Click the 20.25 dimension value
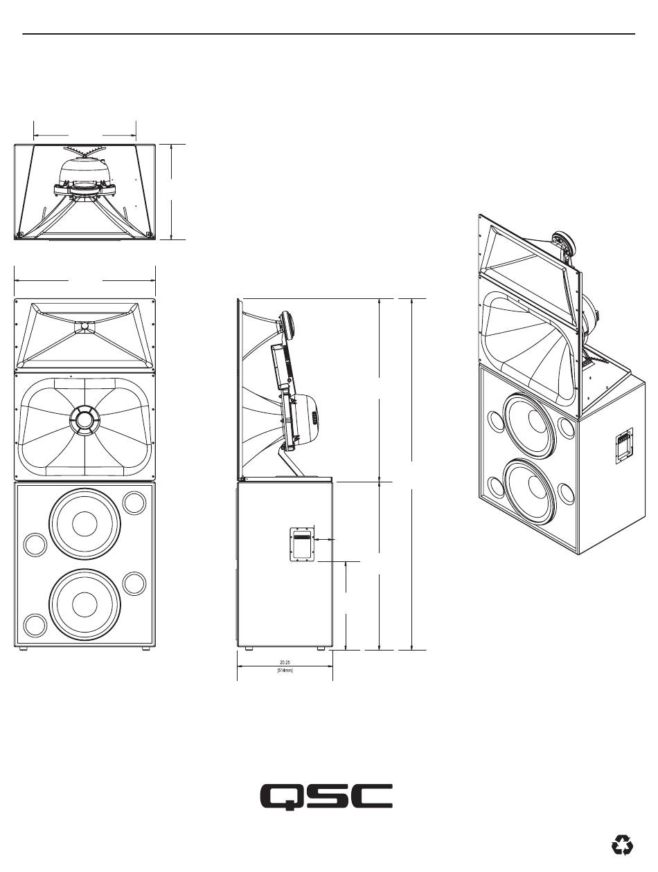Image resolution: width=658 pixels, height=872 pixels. [x=285, y=662]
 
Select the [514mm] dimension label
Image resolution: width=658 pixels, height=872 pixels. [x=285, y=671]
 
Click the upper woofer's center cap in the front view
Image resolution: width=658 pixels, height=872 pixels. [x=85, y=523]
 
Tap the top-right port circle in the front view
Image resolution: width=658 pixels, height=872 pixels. [x=134, y=502]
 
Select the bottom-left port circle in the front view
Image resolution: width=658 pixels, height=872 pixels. [x=35, y=625]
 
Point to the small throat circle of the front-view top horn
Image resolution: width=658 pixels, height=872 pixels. [x=85, y=326]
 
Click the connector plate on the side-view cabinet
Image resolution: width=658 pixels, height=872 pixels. [x=302, y=544]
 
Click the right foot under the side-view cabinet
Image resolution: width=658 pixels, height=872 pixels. [x=321, y=648]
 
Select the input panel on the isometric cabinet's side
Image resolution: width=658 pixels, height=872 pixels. [x=624, y=446]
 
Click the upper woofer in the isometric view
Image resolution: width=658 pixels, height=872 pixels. [x=528, y=425]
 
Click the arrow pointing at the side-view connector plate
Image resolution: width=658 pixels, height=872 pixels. [x=323, y=540]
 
